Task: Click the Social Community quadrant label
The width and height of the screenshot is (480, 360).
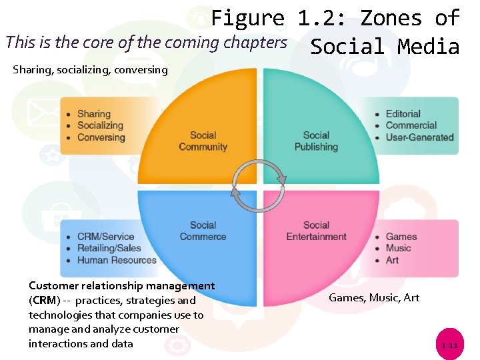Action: click(203, 141)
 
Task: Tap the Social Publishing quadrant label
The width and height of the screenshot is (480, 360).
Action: click(316, 141)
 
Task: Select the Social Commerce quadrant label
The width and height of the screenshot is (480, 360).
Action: click(203, 231)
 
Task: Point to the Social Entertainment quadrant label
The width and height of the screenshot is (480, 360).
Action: click(316, 231)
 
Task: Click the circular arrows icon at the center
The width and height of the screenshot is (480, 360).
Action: click(259, 180)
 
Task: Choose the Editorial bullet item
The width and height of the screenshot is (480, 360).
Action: click(403, 114)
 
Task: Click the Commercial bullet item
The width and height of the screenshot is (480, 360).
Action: click(411, 125)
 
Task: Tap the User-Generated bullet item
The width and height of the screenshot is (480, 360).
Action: click(419, 137)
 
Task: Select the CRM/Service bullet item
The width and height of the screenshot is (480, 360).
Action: click(105, 237)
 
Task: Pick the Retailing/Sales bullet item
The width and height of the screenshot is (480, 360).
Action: click(109, 248)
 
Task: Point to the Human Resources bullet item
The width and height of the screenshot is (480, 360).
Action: click(117, 260)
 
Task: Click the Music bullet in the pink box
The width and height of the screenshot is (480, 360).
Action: click(398, 248)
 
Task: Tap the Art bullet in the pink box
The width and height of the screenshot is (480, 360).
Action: click(392, 260)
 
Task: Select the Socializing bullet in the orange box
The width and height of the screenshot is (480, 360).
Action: click(100, 125)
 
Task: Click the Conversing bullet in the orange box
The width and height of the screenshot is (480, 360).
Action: click(101, 137)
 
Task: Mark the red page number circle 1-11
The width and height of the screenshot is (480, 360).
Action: click(449, 345)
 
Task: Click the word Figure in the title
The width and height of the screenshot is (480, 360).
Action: click(247, 18)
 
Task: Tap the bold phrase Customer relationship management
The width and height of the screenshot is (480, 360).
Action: click(122, 286)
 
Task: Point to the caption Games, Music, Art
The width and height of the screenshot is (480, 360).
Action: click(374, 297)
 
